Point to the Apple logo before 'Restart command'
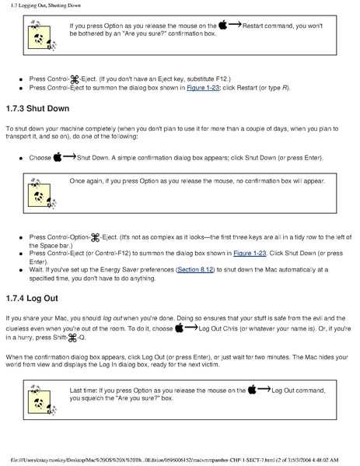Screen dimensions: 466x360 pyautogui.click(x=223, y=26)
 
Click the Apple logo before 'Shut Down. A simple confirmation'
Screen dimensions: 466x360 pyautogui.click(x=58, y=157)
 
